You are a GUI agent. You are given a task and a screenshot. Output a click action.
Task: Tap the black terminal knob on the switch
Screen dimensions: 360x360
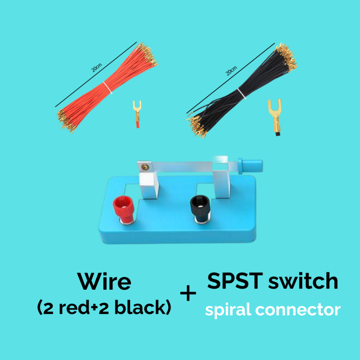coord(200,208)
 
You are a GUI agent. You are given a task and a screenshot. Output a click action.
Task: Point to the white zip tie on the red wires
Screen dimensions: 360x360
coord(108,88)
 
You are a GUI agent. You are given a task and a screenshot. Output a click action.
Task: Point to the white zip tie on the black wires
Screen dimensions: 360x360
coord(242,94)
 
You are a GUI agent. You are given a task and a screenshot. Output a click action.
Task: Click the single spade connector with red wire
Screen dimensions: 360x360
coord(137,114)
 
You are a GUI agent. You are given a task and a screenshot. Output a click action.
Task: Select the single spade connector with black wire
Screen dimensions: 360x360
coord(275,117)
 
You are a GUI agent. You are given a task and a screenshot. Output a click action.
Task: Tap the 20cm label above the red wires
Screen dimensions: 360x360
coord(96,67)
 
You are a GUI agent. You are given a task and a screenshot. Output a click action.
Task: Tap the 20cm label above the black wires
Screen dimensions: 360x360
coord(231,71)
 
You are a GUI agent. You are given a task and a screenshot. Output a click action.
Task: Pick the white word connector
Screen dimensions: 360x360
coord(298,310)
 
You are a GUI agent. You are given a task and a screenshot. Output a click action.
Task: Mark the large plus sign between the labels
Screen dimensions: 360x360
coord(188,293)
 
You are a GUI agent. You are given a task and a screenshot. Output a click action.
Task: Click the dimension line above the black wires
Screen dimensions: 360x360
coord(231,78)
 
